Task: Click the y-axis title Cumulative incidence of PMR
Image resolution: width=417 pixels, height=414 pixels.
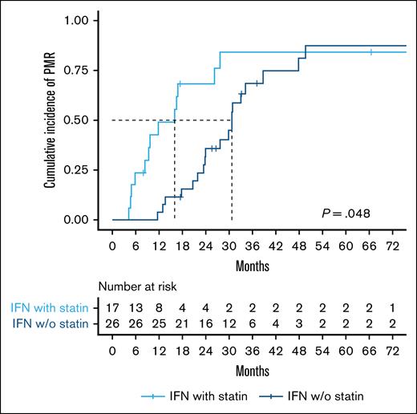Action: click(50, 119)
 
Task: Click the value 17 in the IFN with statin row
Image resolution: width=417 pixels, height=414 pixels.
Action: click(113, 307)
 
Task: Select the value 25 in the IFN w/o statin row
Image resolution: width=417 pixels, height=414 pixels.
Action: click(162, 323)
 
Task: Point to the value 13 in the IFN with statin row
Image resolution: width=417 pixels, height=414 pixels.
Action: click(137, 307)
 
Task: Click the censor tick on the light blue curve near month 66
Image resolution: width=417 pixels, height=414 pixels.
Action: click(371, 52)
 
